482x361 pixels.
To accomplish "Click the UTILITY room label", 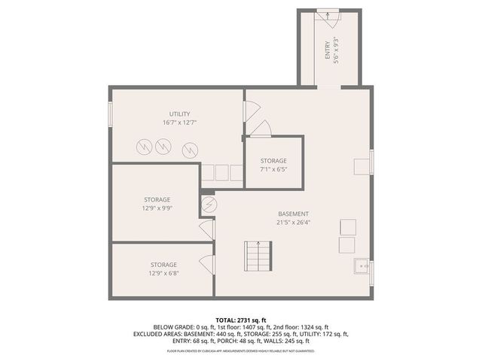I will [179, 114].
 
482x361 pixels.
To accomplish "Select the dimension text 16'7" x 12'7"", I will [179, 123].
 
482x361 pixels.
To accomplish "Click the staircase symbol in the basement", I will [257, 258].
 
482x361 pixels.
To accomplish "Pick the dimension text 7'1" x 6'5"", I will [273, 170].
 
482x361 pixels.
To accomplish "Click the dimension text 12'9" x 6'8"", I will [163, 273].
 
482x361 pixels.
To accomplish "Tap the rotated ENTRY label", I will [328, 50].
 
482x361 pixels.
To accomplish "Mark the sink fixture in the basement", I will [362, 265].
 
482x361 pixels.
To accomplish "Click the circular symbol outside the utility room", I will [209, 205].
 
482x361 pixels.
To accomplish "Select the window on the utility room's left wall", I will [110, 114].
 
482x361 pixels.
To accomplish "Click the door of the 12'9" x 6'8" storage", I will [205, 264].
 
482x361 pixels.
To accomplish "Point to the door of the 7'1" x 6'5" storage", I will [258, 129].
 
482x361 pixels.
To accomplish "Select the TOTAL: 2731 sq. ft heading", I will [241, 320].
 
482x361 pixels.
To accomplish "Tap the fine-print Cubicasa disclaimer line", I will [241, 350].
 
